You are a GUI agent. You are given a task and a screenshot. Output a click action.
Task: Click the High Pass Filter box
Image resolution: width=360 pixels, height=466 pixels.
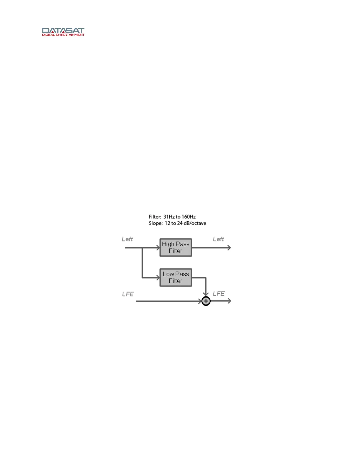click(176, 247)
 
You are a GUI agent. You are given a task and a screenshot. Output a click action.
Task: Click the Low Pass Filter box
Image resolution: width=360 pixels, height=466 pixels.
click(176, 277)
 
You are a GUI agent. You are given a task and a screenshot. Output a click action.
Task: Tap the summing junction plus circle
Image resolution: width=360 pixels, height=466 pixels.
click(206, 301)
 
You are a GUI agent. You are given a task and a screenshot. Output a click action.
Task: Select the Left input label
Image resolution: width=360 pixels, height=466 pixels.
click(127, 239)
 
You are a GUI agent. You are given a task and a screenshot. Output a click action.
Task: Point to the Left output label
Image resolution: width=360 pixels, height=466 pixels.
click(218, 239)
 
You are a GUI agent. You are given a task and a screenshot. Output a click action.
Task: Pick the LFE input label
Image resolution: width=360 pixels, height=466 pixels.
click(128, 294)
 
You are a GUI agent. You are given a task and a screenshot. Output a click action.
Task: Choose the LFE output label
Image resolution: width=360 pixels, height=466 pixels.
click(219, 294)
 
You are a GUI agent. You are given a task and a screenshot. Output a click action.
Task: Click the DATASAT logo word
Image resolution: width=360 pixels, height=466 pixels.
click(63, 31)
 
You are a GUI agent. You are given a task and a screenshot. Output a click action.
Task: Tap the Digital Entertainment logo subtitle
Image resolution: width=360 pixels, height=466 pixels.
click(63, 35)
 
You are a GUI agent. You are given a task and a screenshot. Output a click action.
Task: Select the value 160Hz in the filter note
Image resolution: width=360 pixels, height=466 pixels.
click(189, 217)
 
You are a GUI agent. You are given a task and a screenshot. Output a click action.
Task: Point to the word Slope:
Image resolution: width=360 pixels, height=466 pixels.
click(156, 223)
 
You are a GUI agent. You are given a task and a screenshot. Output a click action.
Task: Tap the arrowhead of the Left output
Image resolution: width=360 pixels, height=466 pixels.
click(229, 248)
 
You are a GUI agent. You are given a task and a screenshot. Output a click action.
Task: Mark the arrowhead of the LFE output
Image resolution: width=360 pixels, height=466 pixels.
click(229, 301)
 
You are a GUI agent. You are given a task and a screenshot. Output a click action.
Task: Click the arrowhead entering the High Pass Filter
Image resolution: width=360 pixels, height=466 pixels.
click(158, 248)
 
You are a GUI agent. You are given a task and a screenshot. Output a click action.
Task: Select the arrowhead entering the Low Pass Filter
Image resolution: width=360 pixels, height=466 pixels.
click(158, 277)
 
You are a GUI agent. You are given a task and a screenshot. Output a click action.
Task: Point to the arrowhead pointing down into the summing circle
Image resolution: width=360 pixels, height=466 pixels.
click(206, 294)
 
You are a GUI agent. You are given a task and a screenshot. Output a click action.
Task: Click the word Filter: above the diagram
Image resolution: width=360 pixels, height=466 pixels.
click(155, 217)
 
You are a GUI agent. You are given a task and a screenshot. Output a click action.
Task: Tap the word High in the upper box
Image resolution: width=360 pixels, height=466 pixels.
click(168, 244)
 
